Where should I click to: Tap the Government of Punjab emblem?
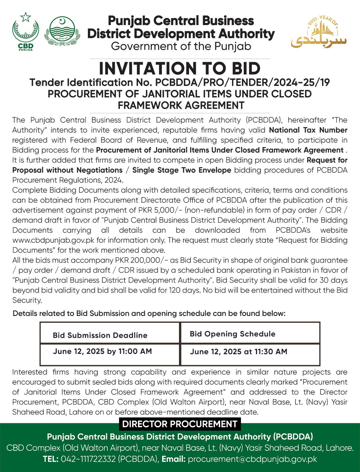coord(62,31)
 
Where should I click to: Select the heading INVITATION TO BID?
coord(180,68)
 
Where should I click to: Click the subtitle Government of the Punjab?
coord(181,46)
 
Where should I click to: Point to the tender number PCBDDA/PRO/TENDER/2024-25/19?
coord(242,82)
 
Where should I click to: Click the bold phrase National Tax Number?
coord(308,130)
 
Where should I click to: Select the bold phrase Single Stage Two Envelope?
coord(182,170)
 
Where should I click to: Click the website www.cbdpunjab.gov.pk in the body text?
coord(53,240)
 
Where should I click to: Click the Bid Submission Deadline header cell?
coord(100,335)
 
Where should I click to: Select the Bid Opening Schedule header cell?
coord(233,334)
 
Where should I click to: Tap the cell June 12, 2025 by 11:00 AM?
coord(102,351)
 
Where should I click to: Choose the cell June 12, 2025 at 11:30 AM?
coord(239,352)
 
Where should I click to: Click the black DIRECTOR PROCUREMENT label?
coord(180,424)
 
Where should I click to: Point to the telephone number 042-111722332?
coord(88,459)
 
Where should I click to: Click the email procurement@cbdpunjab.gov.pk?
coord(252,459)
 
